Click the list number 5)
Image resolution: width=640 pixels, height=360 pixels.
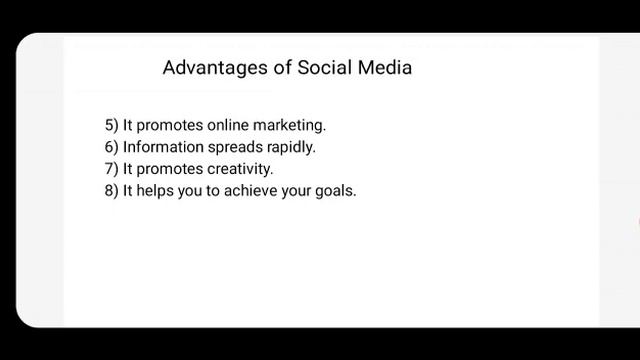tap(111, 126)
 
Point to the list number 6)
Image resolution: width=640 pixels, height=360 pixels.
tap(111, 147)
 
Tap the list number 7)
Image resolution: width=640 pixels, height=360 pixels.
tap(111, 169)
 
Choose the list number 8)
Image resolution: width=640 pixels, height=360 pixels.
tap(111, 190)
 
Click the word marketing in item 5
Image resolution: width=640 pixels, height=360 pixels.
tap(291, 126)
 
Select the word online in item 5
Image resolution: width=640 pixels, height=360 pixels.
tap(230, 126)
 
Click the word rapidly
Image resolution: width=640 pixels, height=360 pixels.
tap(291, 148)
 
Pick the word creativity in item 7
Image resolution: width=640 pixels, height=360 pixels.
tap(240, 169)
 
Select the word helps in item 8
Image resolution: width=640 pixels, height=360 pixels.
tap(154, 190)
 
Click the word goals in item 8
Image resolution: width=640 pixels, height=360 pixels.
tap(335, 191)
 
